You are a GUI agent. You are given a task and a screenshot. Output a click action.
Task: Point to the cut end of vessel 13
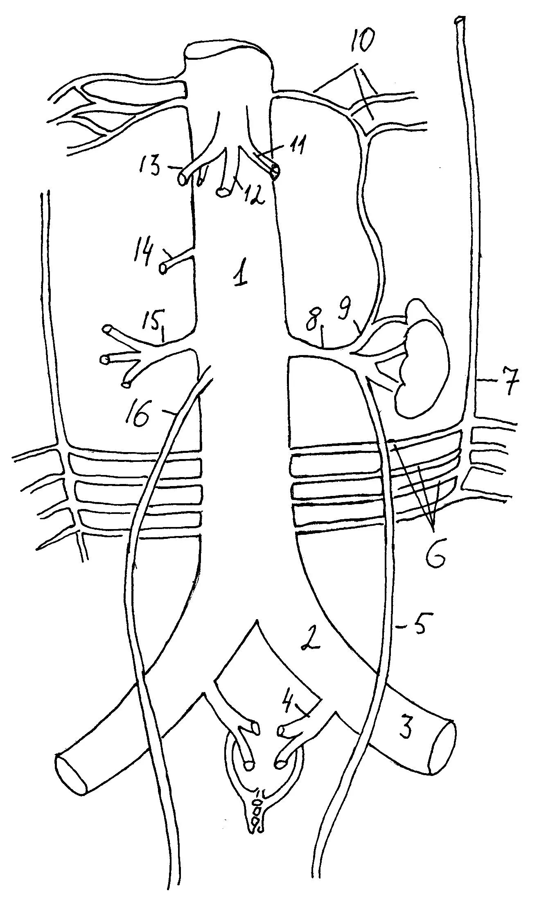(183, 179)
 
